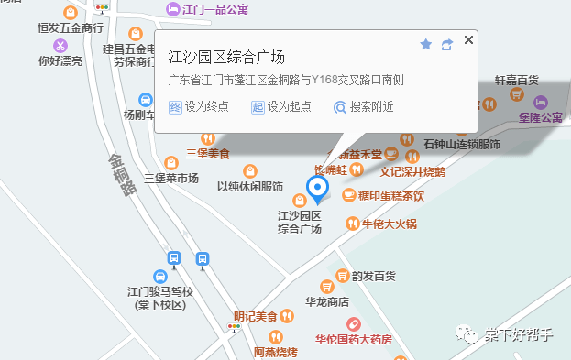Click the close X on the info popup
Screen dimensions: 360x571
469,40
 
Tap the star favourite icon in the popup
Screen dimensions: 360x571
426,44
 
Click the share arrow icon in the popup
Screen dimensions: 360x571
447,44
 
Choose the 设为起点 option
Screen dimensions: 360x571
280,106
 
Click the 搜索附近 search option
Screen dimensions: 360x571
364,106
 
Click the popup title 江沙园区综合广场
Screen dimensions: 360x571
227,56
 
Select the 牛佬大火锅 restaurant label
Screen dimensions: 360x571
389,223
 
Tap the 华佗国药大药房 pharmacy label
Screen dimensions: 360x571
354,339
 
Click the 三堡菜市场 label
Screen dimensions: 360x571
171,178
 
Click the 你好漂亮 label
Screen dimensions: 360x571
60,60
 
